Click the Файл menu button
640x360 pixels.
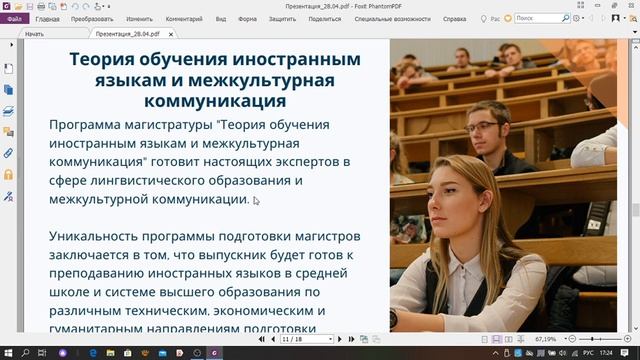15,18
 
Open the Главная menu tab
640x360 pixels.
47,18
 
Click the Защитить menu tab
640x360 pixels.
282,18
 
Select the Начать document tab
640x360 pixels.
35,33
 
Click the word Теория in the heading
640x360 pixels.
105,58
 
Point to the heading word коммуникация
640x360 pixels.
216,101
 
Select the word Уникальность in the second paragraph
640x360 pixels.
102,239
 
